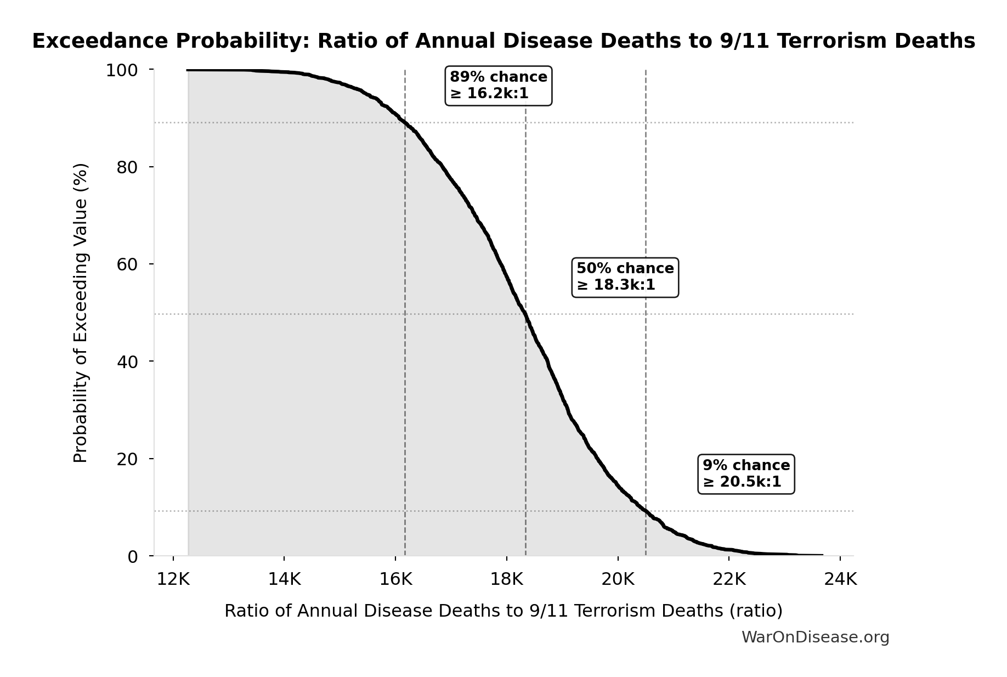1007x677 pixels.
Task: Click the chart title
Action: tap(503, 41)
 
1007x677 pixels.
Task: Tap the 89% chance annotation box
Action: tap(498, 86)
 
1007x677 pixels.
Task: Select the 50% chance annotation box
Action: tap(625, 277)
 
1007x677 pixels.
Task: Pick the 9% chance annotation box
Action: tap(746, 474)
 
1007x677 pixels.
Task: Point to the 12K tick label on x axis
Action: tap(173, 579)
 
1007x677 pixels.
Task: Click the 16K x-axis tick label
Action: tap(395, 579)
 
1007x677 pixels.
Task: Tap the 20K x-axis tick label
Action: tap(618, 579)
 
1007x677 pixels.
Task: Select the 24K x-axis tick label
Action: tap(840, 579)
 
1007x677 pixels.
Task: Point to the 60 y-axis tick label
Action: tap(127, 264)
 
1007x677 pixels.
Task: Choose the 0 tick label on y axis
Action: tap(133, 557)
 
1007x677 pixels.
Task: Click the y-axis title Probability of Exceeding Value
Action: tap(81, 313)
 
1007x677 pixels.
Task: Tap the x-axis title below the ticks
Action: tap(503, 611)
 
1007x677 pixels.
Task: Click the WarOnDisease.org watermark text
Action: tap(815, 637)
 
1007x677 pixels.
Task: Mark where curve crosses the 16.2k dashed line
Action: tap(405, 123)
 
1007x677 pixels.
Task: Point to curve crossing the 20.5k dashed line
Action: tap(646, 511)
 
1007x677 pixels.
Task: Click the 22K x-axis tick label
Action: tap(729, 579)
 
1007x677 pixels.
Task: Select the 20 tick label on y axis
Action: tap(127, 459)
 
